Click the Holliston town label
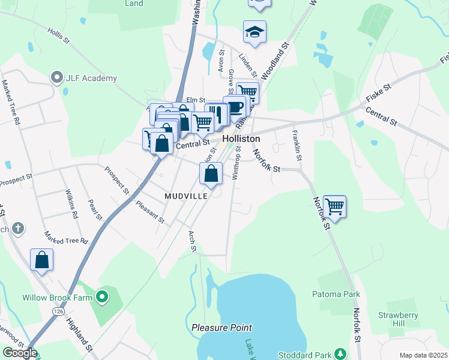pos(241,138)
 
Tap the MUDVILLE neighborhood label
pos(186,196)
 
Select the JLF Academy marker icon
pos(58,77)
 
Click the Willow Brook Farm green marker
pos(102,296)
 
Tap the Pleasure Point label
pos(222,328)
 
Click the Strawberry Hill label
pos(393,319)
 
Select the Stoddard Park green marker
pos(341,353)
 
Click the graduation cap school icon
pos(255,32)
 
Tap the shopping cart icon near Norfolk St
pos(334,206)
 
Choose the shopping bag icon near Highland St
pos(41,260)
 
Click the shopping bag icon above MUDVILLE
pos(211,174)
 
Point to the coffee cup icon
pos(235,107)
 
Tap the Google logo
pos(20,353)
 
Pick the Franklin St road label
pos(297,144)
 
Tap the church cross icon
pos(19,228)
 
